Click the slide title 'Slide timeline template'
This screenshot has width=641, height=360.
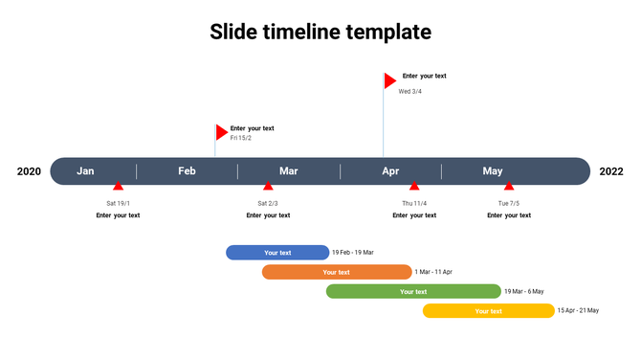[x=320, y=32]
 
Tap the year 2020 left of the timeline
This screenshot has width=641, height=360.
[x=30, y=171]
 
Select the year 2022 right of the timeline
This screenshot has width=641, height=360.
[x=611, y=171]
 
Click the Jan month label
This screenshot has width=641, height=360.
[x=86, y=171]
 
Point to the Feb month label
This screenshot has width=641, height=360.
[x=187, y=171]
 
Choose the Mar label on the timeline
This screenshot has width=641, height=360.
[x=289, y=171]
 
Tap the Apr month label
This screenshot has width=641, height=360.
[x=390, y=171]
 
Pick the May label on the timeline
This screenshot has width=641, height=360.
[x=493, y=171]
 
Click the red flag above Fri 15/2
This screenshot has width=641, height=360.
[x=221, y=132]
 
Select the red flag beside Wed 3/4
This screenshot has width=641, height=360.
[x=389, y=80]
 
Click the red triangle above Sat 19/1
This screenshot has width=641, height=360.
[x=118, y=187]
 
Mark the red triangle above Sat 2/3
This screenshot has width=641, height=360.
[x=268, y=187]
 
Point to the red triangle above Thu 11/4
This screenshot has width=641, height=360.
[x=414, y=187]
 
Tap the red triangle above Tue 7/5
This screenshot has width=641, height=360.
[x=509, y=187]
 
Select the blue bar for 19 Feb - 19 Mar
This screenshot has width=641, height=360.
[x=277, y=253]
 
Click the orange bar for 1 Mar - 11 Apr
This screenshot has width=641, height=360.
[x=337, y=272]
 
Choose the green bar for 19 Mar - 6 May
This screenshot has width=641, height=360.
[x=413, y=291]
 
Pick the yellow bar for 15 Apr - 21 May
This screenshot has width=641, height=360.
[x=489, y=310]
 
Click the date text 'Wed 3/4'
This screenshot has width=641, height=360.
[x=410, y=92]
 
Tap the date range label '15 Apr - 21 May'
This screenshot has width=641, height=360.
[x=578, y=310]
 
